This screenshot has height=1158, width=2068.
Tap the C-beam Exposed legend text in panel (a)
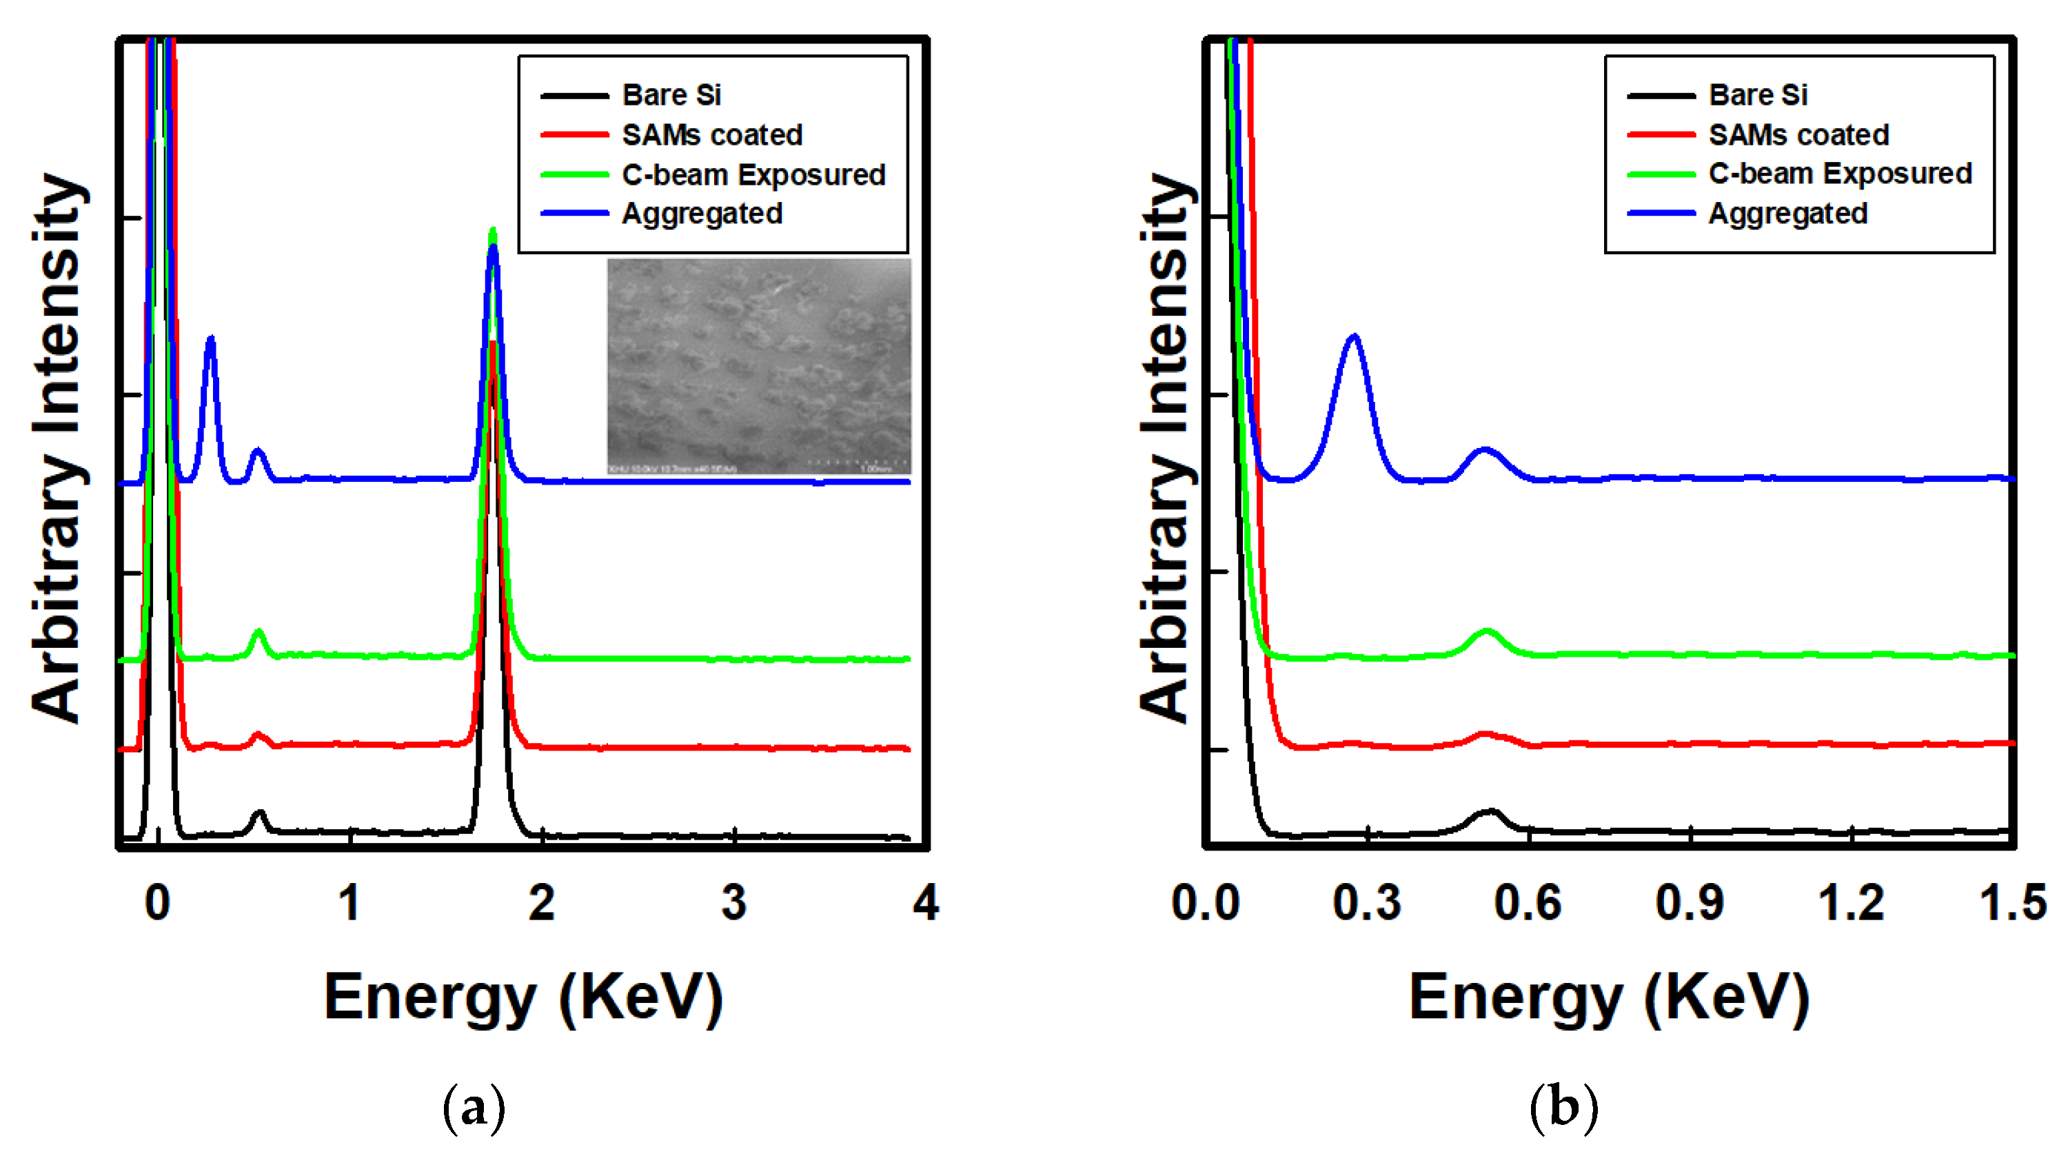753,174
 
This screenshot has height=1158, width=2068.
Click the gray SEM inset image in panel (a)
759,365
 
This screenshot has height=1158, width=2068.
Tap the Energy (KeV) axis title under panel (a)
523,997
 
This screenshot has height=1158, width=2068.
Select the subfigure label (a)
474,1108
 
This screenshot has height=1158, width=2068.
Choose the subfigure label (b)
1563,1108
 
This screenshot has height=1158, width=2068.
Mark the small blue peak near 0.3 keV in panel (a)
210,338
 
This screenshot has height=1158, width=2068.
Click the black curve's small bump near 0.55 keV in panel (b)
1490,812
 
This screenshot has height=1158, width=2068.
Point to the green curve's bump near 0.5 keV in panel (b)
1486,631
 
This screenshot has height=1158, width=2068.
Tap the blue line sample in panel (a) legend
575,214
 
